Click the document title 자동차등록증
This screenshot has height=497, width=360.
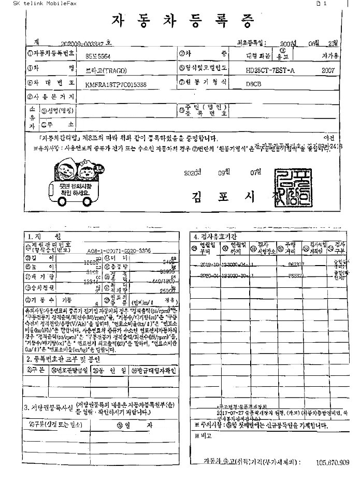tap(184, 21)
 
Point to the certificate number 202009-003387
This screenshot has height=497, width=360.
tap(83, 43)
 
